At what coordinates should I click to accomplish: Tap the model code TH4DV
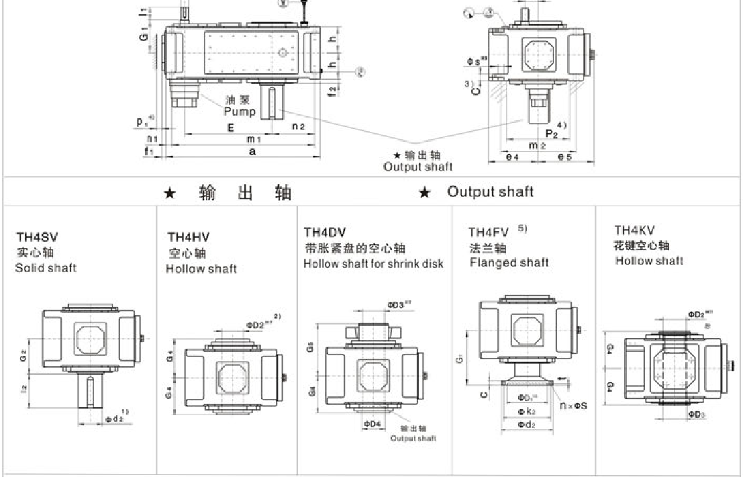[325, 232]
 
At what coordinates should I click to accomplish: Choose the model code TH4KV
[636, 230]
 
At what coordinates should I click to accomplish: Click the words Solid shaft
[46, 268]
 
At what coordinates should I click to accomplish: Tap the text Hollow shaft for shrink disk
[373, 263]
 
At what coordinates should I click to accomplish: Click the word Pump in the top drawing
[240, 112]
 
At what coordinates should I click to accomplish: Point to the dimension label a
[252, 153]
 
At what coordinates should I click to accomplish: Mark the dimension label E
[230, 126]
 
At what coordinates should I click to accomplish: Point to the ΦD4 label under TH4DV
[373, 424]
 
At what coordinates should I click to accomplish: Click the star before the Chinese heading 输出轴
[170, 193]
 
